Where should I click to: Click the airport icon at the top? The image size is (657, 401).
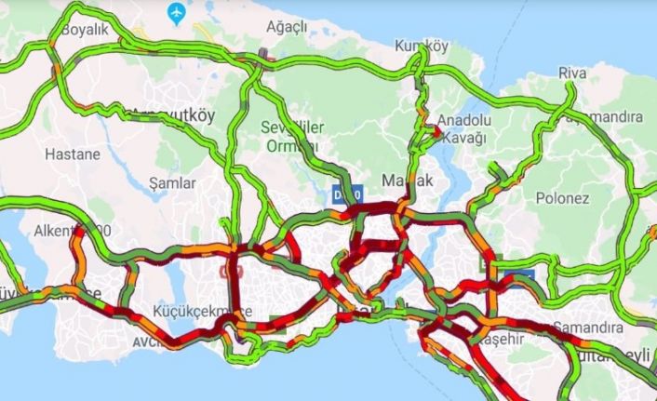coord(175,12)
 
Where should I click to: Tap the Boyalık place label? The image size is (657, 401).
coord(86,30)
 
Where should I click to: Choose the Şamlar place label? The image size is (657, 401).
coord(173,183)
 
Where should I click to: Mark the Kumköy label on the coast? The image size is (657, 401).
coord(416,45)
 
